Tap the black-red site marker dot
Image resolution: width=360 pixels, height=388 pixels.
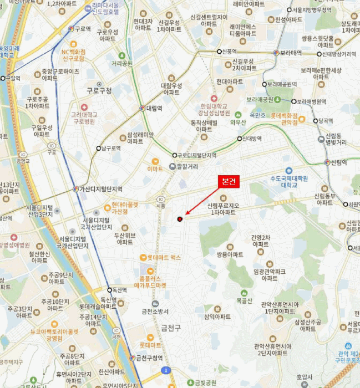[x=180, y=219]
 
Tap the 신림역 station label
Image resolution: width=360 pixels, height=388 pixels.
[x=338, y=162]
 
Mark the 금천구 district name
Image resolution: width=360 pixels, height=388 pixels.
[x=171, y=328]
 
